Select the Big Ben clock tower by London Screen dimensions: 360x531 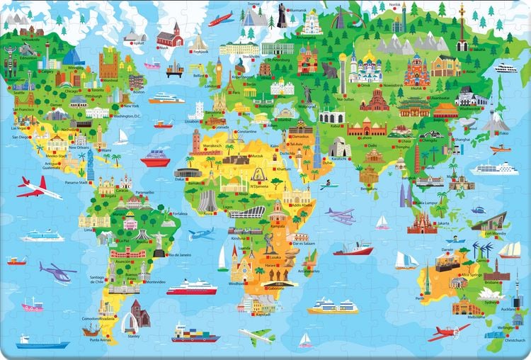(x=219, y=69)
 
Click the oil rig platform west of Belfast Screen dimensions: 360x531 (x=174, y=69)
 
